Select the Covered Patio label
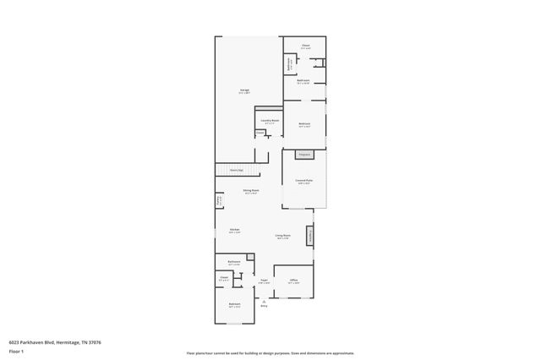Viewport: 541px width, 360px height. [303, 181]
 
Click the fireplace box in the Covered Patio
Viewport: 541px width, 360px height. [303, 155]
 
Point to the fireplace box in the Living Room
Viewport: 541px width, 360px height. [309, 236]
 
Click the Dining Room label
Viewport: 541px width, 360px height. [252, 191]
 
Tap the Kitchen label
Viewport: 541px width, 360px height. [234, 231]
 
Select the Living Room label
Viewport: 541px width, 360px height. [282, 236]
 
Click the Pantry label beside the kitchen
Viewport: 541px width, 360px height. [219, 202]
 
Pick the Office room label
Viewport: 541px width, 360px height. [293, 281]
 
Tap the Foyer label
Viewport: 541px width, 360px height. [264, 281]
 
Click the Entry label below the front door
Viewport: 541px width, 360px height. [264, 306]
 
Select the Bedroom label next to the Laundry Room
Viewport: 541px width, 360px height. [304, 124]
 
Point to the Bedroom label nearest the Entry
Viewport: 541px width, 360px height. [234, 304]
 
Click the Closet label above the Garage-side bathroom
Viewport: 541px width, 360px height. [305, 46]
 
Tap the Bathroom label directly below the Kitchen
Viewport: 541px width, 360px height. [234, 263]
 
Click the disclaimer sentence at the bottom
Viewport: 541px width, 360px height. [270, 353]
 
